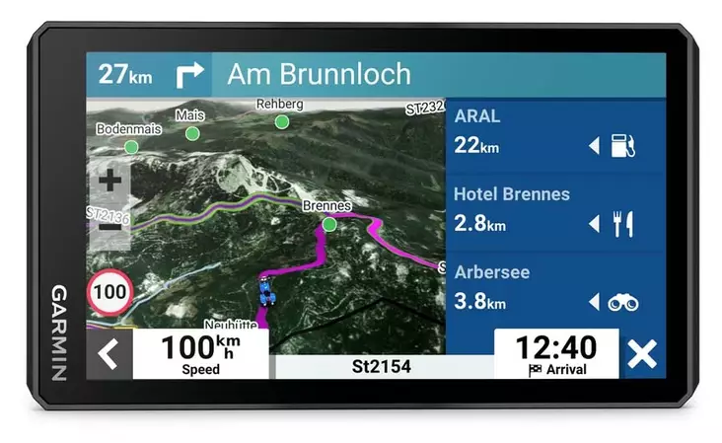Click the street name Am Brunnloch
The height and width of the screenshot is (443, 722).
tap(319, 74)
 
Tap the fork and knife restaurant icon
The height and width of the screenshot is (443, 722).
tap(623, 224)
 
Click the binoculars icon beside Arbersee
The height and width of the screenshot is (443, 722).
tap(623, 303)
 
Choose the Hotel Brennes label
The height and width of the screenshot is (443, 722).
tap(511, 194)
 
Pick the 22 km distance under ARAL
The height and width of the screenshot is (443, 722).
tap(476, 146)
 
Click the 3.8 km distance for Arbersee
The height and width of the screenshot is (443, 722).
tap(479, 302)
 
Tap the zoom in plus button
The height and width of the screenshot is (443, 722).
tap(110, 182)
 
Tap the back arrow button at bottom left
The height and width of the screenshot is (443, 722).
tap(108, 354)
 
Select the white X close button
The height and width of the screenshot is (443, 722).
tap(642, 354)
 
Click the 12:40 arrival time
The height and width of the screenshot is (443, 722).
tap(556, 347)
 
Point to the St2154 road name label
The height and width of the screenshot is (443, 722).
tap(382, 367)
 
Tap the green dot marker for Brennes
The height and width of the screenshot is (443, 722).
tap(329, 224)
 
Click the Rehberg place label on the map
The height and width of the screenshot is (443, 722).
tap(279, 104)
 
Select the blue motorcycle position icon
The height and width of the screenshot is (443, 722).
tap(265, 291)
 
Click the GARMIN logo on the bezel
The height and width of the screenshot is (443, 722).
tap(58, 332)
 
